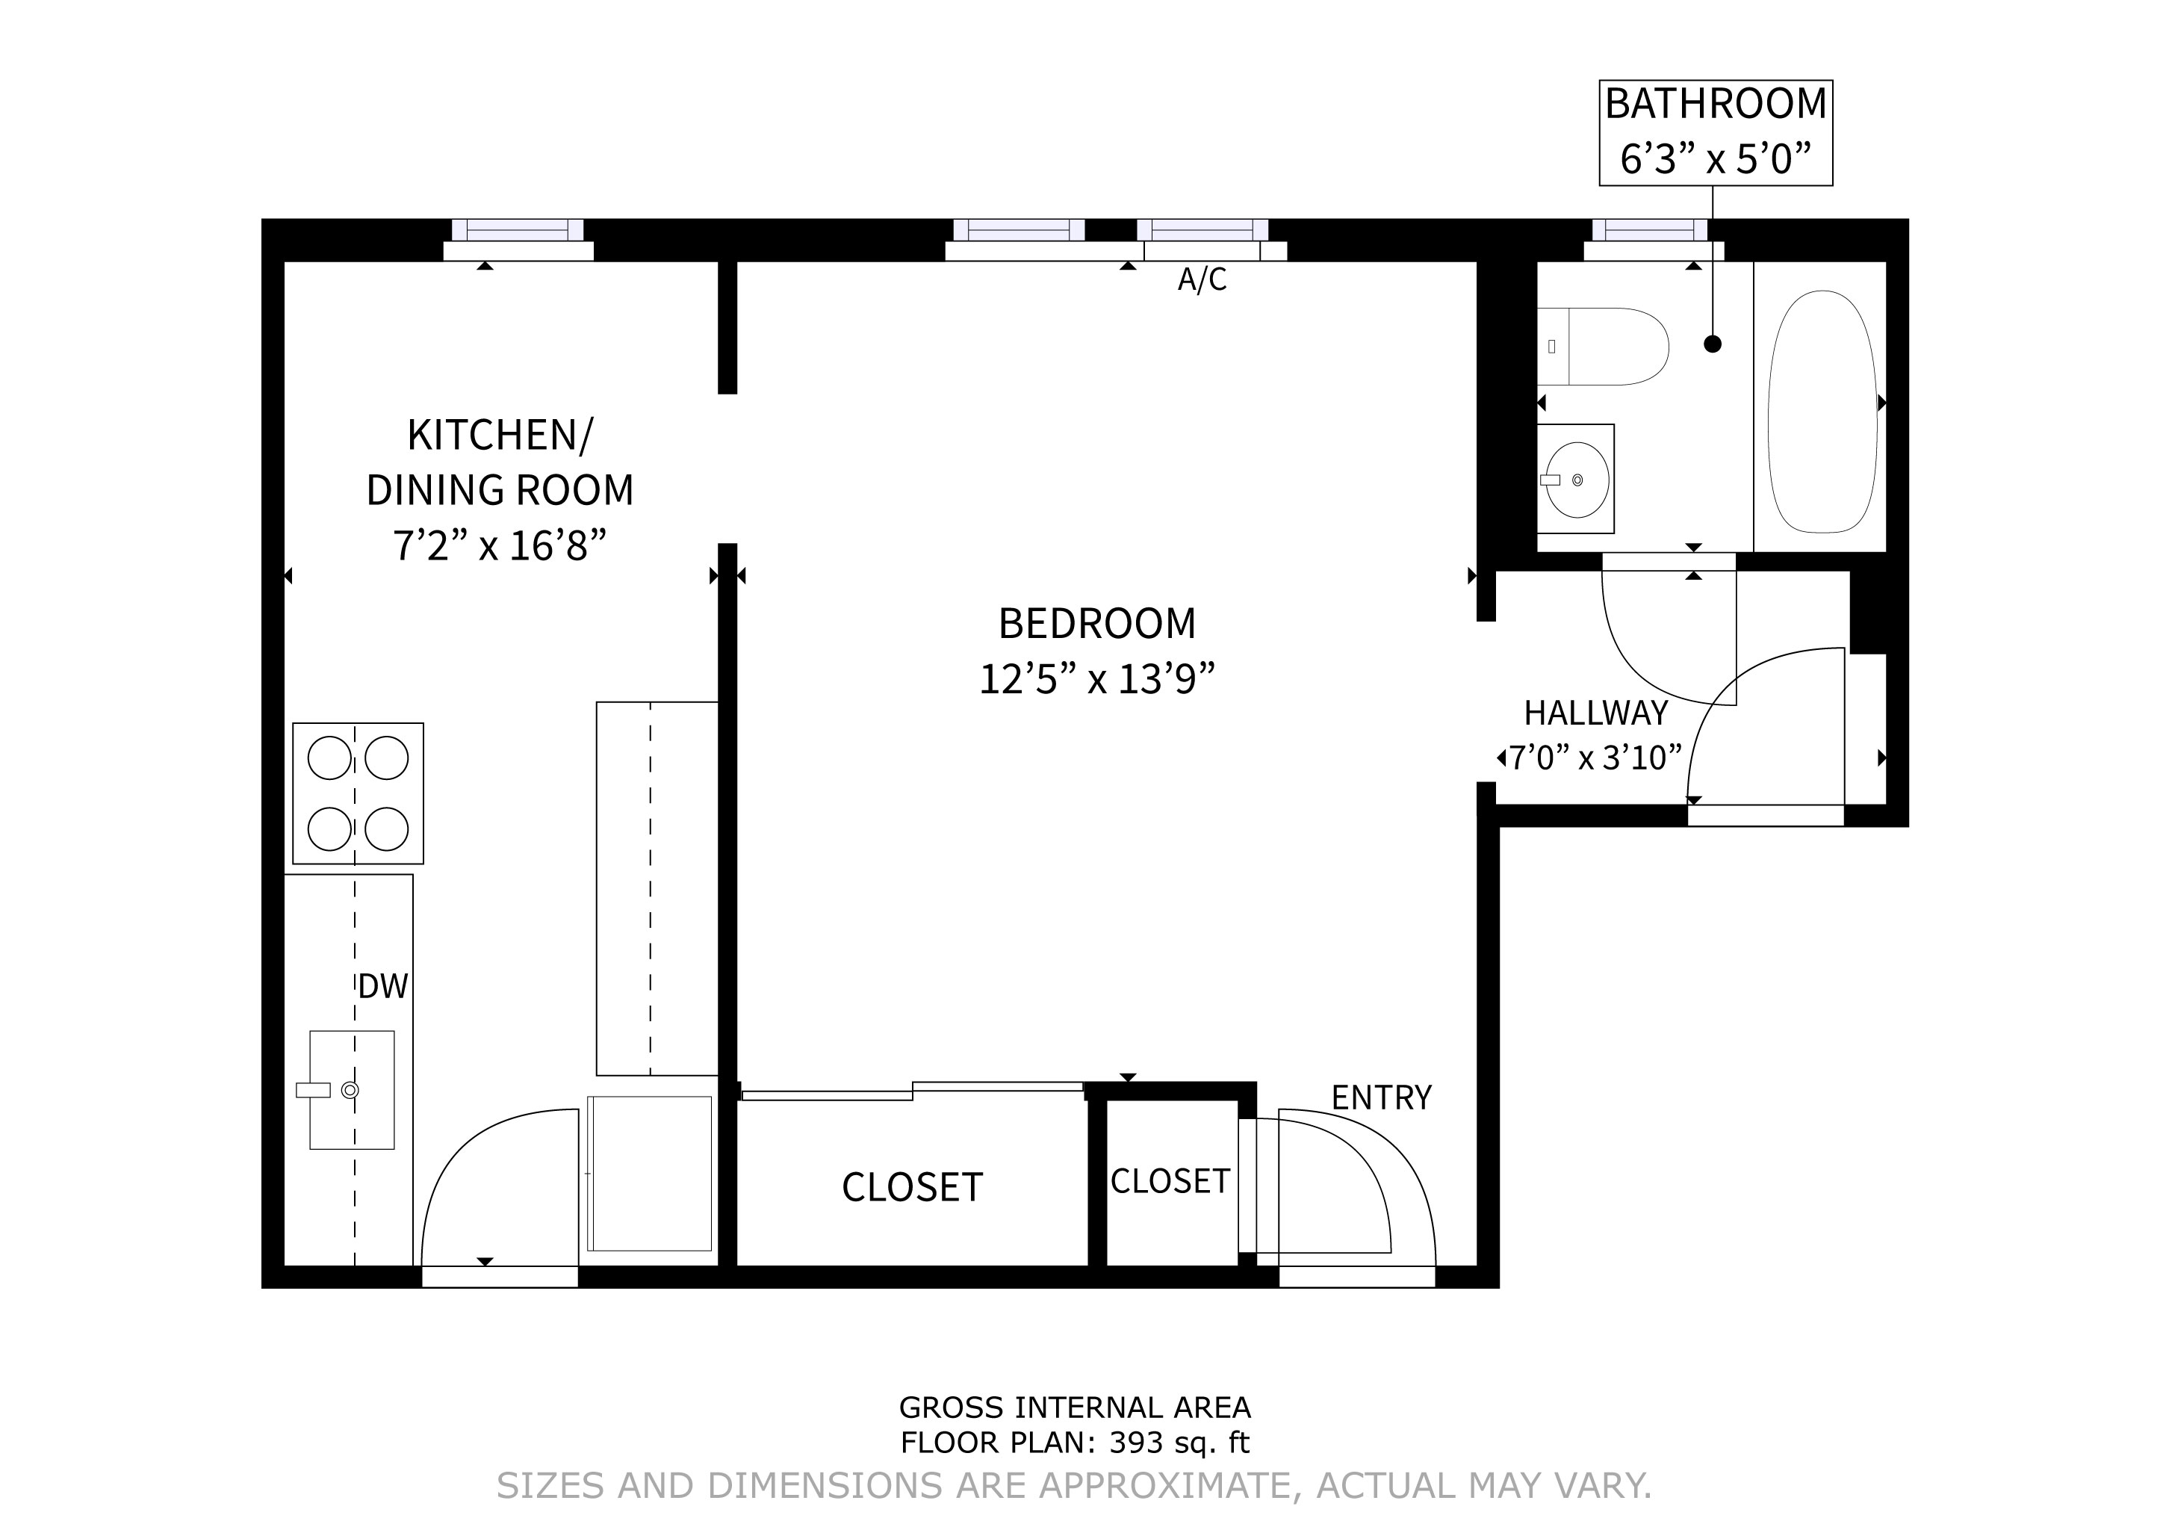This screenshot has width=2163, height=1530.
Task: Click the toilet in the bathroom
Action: [x=1607, y=346]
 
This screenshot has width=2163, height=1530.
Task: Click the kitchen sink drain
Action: [x=350, y=1090]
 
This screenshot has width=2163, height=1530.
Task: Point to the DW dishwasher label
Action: [x=382, y=986]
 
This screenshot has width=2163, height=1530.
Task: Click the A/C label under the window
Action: [x=1202, y=280]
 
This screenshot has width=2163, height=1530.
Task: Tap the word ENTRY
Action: [x=1381, y=1097]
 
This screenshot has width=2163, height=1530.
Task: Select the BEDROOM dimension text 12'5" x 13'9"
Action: [x=1096, y=679]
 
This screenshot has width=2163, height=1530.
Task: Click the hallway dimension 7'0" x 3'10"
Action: [x=1595, y=758]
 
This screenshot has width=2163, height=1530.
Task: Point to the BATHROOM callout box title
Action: [x=1716, y=104]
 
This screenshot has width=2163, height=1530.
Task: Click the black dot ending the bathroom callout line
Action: [x=1713, y=344]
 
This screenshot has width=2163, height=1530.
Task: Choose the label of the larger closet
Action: [x=912, y=1187]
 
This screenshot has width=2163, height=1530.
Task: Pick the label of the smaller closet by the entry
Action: [x=1170, y=1180]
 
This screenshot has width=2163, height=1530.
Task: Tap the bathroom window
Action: [x=1650, y=231]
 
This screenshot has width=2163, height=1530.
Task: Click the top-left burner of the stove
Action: [x=329, y=758]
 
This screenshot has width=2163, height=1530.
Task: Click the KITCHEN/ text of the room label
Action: [x=500, y=436]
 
